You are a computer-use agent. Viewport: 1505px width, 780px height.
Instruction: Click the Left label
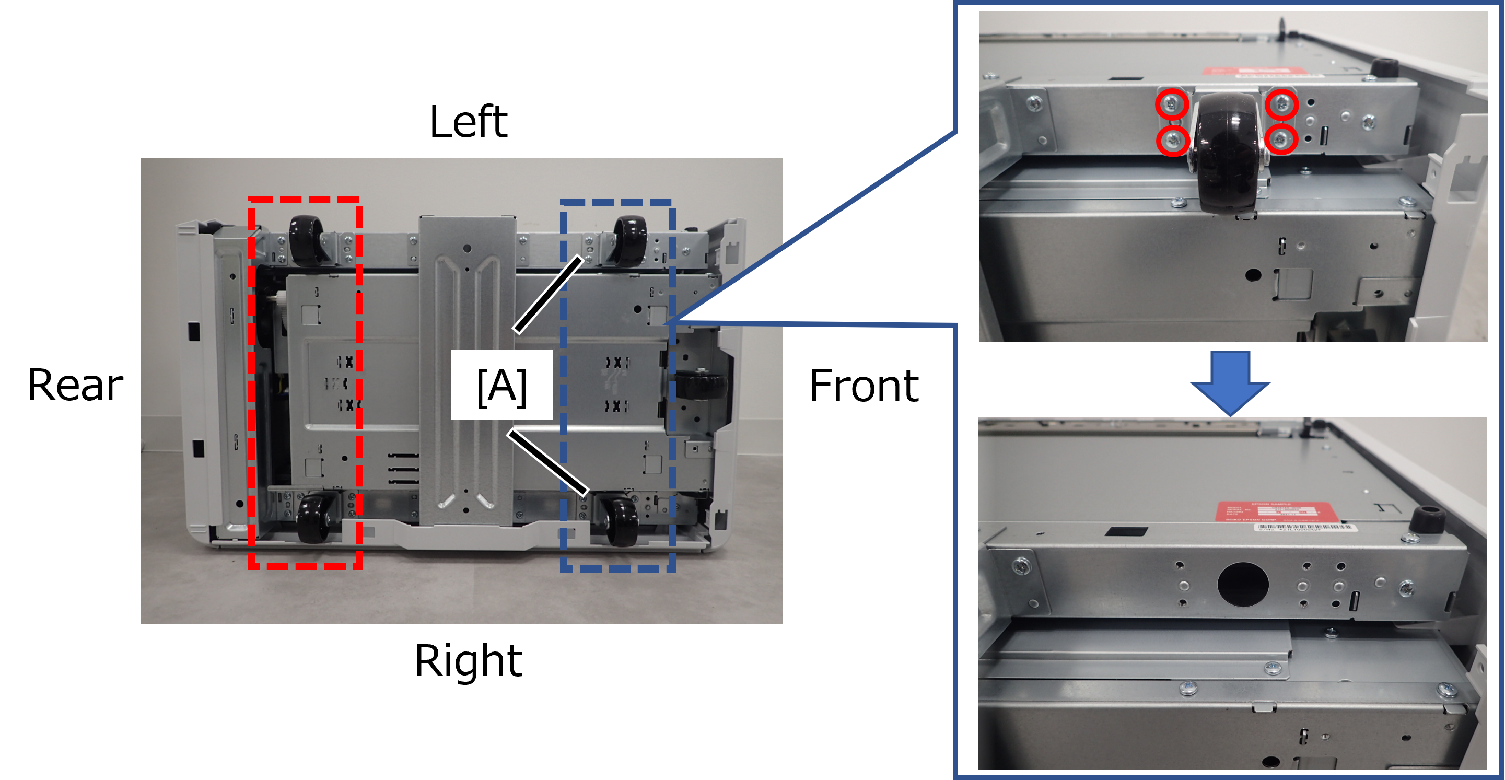(x=468, y=120)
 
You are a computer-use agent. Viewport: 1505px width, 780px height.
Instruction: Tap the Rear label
(x=75, y=384)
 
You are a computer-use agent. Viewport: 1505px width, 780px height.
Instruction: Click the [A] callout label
(x=501, y=385)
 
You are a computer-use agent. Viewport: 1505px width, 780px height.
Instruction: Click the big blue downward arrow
(x=1230, y=383)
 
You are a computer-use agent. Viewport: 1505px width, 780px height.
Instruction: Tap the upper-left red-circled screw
(x=1171, y=104)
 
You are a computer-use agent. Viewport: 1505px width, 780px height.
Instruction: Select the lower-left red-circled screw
(x=1173, y=140)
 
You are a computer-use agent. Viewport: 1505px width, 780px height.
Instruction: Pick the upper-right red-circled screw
(x=1282, y=104)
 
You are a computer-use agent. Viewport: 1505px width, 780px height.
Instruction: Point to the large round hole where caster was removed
(x=1243, y=584)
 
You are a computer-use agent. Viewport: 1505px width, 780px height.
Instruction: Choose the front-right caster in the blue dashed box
(x=621, y=520)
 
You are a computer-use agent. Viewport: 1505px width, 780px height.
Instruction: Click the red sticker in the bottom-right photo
(x=1277, y=512)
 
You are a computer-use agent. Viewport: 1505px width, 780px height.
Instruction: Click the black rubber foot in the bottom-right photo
(x=1425, y=519)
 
